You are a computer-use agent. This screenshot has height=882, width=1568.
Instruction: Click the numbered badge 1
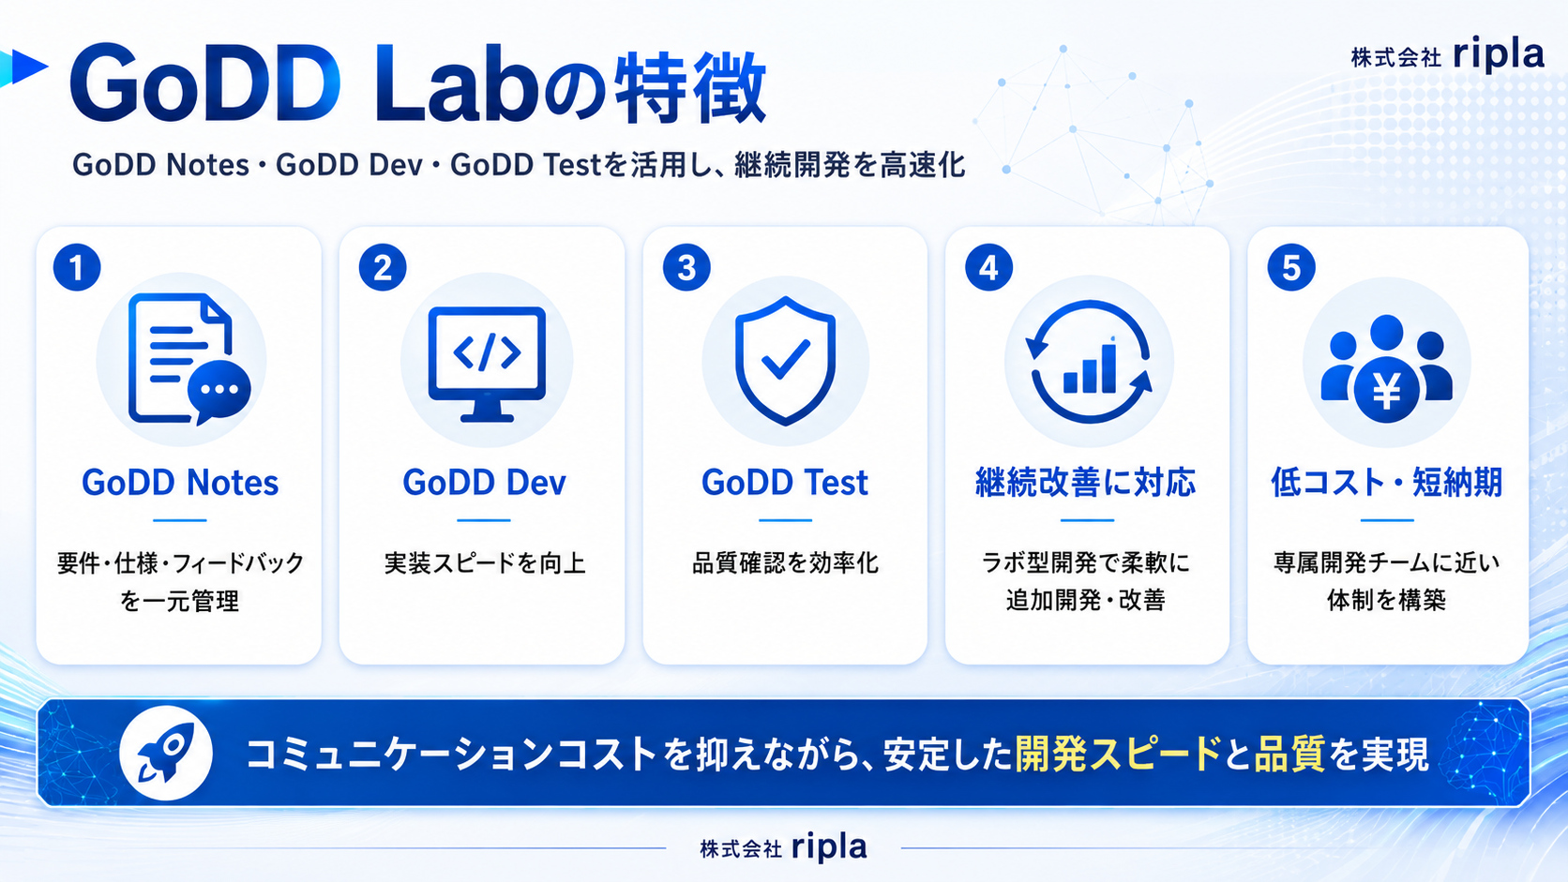click(x=77, y=267)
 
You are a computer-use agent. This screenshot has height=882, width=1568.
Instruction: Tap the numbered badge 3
click(x=686, y=267)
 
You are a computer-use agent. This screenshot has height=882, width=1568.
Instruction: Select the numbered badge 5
click(x=1291, y=267)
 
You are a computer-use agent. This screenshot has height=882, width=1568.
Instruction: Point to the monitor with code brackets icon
click(x=487, y=364)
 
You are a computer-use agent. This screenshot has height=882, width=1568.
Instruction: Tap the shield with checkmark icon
click(x=785, y=361)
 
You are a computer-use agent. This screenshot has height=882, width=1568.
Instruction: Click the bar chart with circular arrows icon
click(x=1089, y=362)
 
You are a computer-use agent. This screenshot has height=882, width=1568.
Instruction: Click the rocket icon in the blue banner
click(x=166, y=754)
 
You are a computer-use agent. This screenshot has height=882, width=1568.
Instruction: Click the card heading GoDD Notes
click(x=180, y=483)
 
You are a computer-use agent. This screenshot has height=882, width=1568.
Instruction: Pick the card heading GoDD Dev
click(x=484, y=483)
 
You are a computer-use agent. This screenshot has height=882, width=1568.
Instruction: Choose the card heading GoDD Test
click(x=785, y=483)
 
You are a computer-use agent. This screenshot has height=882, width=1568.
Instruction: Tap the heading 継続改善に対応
click(x=1086, y=483)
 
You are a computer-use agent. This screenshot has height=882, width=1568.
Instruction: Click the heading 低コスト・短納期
click(x=1387, y=483)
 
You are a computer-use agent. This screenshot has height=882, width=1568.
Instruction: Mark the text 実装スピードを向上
click(x=485, y=563)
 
